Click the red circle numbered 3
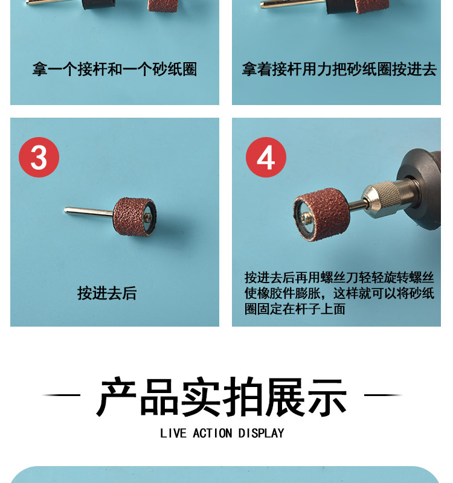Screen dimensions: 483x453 pos(39,158)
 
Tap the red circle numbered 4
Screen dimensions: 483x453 pos(266,158)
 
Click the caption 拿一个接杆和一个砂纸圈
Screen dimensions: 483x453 pos(115,69)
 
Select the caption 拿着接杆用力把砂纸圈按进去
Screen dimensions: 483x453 pos(339,69)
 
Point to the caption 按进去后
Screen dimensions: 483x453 pos(107,293)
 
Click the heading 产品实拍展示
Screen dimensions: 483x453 pos(222,397)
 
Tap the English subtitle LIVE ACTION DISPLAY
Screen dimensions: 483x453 pos(222,433)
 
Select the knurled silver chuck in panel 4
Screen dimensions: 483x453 pos(384,196)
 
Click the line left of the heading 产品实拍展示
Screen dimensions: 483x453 pos(61,395)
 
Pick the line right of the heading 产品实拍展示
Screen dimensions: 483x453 pos(384,395)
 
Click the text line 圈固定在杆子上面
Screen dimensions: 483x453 pos(295,309)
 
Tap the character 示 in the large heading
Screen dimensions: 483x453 pos(327,397)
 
